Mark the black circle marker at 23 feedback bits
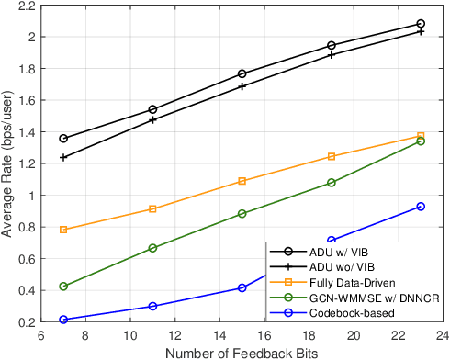coord(421,24)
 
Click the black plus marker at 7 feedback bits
coord(63,158)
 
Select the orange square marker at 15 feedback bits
coord(242,181)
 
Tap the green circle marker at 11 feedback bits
coord(152,248)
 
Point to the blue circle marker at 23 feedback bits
coord(421,207)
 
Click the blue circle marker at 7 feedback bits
coord(63,320)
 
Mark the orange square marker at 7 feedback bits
coord(63,230)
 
